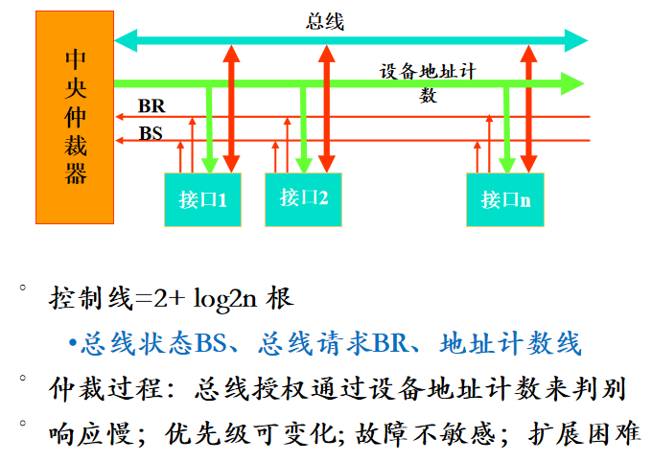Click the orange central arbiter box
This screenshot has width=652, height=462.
tap(75, 117)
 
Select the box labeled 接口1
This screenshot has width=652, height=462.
tap(202, 199)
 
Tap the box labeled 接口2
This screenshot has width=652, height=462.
tap(303, 198)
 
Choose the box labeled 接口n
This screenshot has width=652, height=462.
tap(505, 199)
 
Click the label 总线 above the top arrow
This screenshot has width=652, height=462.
tap(325, 21)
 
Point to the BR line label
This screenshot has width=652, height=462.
tap(151, 105)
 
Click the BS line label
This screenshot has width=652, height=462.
tap(151, 133)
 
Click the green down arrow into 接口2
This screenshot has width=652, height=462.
tap(304, 134)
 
